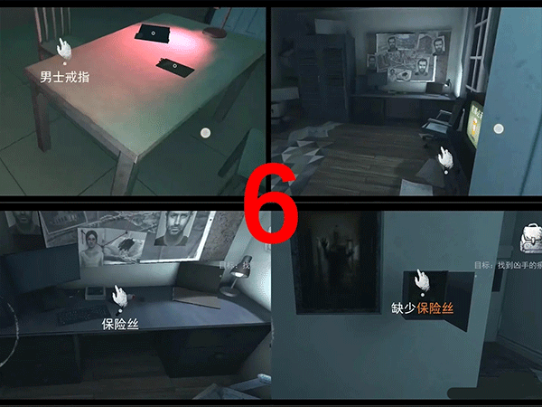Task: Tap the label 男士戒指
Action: (x=64, y=78)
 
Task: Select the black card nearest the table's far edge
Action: (x=153, y=33)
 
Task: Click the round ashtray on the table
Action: (x=216, y=33)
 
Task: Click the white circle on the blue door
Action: (x=496, y=129)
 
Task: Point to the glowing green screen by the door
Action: (x=475, y=121)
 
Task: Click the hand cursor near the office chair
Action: (x=445, y=157)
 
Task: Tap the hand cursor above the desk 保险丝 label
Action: (x=118, y=295)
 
